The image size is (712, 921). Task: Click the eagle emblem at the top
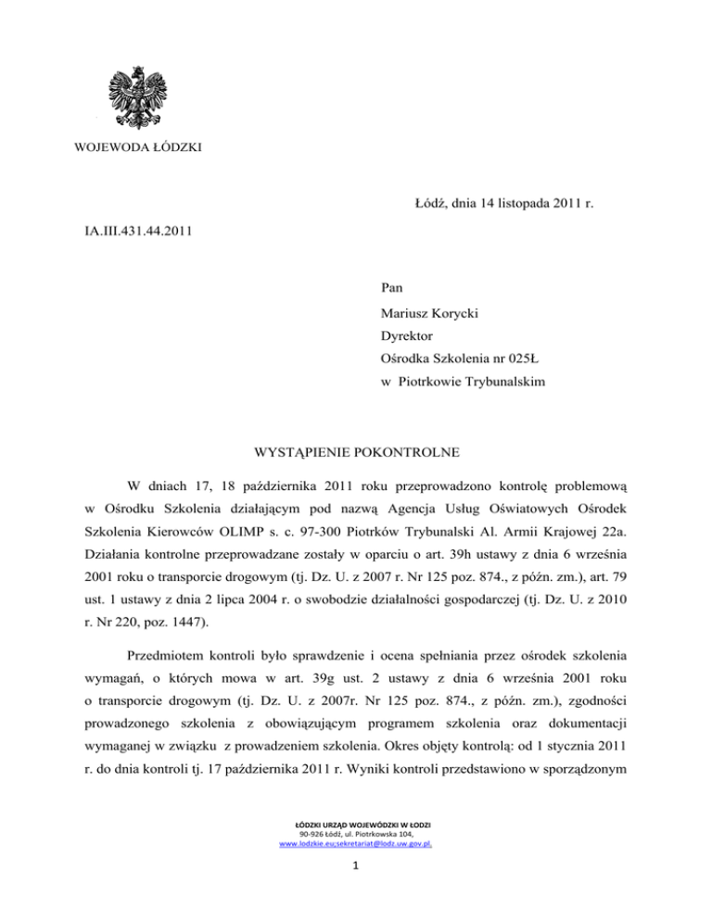tap(142, 96)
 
